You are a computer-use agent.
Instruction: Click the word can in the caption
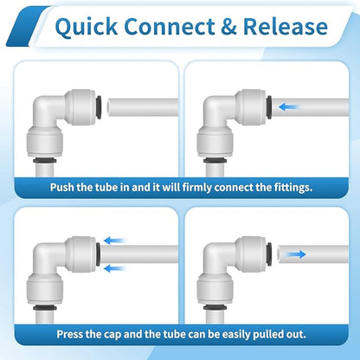click(187, 333)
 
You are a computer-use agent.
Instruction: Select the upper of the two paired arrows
click(114, 241)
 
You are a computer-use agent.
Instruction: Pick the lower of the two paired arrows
click(114, 267)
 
